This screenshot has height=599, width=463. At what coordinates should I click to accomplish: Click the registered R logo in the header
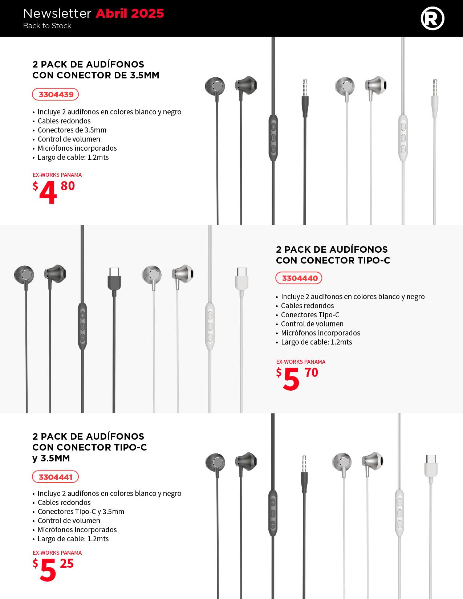pyautogui.click(x=432, y=19)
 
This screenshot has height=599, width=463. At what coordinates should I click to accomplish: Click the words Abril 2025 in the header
pyautogui.click(x=130, y=13)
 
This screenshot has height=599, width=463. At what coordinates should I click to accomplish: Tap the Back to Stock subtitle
pyautogui.click(x=47, y=26)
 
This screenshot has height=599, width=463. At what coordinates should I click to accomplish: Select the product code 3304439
pyautogui.click(x=56, y=95)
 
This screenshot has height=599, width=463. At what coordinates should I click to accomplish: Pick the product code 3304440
pyautogui.click(x=299, y=278)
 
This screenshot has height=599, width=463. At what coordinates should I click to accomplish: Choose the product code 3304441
pyautogui.click(x=56, y=477)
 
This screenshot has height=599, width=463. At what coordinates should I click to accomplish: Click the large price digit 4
pyautogui.click(x=48, y=193)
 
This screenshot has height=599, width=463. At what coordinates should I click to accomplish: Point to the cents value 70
pyautogui.click(x=311, y=372)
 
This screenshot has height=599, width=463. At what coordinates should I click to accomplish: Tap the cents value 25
pyautogui.click(x=67, y=563)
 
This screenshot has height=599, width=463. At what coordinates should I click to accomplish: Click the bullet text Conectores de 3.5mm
pyautogui.click(x=72, y=130)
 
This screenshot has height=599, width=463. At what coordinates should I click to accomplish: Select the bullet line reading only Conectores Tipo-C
pyautogui.click(x=310, y=315)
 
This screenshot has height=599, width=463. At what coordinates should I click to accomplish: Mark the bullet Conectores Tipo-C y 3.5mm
pyautogui.click(x=81, y=512)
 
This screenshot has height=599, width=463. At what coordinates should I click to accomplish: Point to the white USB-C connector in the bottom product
pyautogui.click(x=431, y=466)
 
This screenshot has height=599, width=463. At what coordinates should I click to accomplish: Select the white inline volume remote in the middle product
pyautogui.click(x=210, y=326)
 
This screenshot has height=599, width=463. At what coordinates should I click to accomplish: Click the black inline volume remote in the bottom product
pyautogui.click(x=273, y=513)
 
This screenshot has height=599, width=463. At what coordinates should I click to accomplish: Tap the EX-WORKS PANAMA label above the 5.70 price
pyautogui.click(x=301, y=362)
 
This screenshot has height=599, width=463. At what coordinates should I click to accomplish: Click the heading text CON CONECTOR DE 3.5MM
pyautogui.click(x=96, y=75)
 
